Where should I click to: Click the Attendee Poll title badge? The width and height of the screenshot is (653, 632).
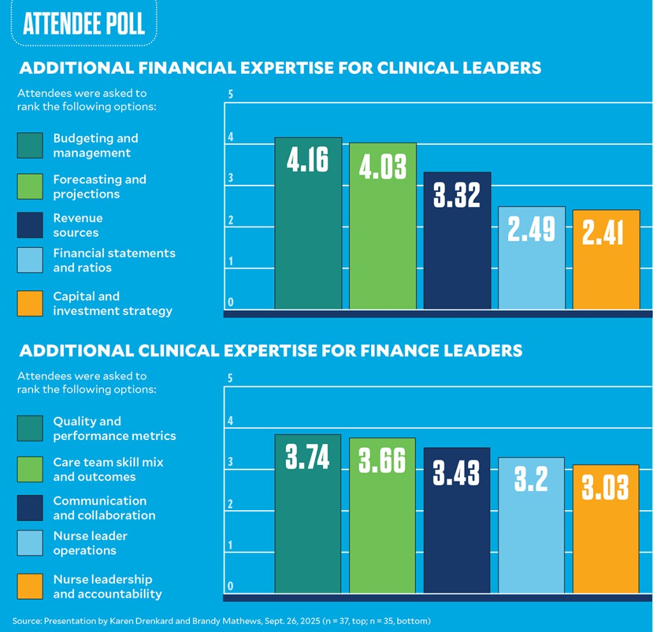pos(84,24)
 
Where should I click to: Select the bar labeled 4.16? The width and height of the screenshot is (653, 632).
pos(308,223)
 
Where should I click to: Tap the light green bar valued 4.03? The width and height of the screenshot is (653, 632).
pos(383,226)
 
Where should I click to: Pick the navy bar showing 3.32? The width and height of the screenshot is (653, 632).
pos(457,240)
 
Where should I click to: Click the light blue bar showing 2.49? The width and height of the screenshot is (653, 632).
pos(532,258)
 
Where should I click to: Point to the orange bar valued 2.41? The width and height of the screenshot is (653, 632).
pos(606,260)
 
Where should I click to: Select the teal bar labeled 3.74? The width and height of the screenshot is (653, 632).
pos(308,513)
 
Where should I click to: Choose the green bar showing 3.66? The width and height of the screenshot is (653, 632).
pos(383,515)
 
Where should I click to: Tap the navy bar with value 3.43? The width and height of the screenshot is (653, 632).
pos(457,520)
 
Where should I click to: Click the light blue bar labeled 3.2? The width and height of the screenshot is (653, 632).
pos(532,525)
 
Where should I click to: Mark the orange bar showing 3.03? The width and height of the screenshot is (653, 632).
pos(606,529)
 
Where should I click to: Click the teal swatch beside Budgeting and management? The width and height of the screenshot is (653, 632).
pos(30,145)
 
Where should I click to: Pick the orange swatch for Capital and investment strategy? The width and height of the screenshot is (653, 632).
pos(30,304)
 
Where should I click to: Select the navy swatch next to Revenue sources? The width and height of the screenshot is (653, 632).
pos(30,225)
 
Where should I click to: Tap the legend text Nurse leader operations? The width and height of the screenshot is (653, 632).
pos(90,543)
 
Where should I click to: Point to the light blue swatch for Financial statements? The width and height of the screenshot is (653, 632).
pos(30,260)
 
